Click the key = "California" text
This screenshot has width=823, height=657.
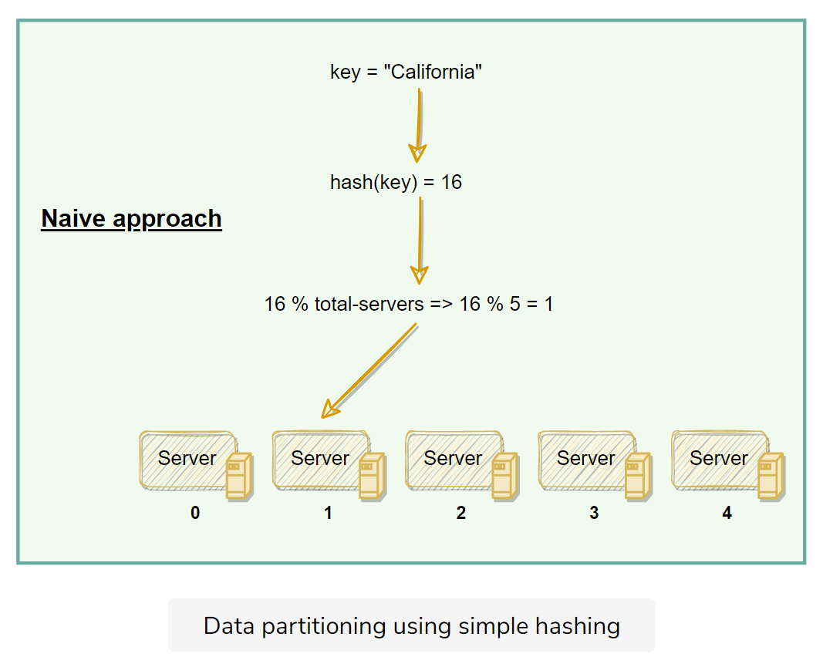point(406,72)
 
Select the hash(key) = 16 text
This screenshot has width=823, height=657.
point(396,183)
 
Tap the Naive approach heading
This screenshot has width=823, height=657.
point(131,218)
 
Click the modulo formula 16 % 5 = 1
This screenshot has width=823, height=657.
point(409,304)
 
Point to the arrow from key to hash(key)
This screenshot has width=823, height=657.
point(418,123)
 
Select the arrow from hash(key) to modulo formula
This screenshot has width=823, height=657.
point(420,239)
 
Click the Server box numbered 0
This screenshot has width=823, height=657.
point(187,459)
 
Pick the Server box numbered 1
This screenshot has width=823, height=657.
point(319,459)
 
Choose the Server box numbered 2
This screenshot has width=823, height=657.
point(452,459)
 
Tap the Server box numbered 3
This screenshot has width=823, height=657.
point(585,459)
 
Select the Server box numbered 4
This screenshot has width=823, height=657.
point(718,459)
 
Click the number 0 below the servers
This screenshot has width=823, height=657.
point(195,513)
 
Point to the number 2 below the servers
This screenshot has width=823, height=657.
point(460,513)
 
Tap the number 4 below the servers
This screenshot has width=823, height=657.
point(727,513)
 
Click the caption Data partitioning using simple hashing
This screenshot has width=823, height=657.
point(411,625)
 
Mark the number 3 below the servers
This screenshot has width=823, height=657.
point(594,513)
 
